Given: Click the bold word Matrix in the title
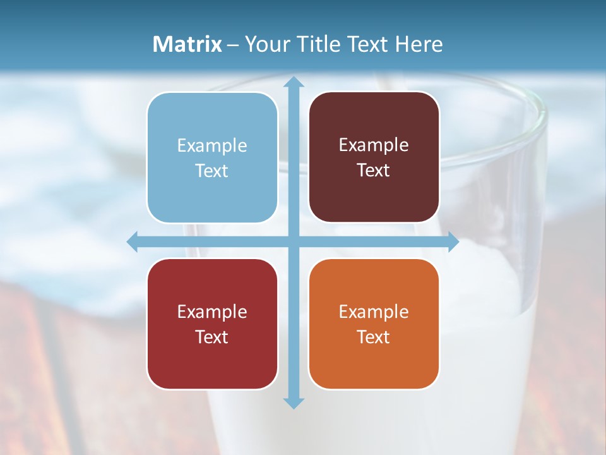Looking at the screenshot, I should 187,44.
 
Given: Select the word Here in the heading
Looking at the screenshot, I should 419,44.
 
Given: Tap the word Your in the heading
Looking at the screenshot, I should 265,44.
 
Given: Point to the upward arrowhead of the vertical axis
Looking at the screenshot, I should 293,82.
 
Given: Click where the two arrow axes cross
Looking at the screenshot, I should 293,242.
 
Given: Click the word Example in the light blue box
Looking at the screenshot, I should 212,146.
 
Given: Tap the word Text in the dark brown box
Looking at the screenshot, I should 374,171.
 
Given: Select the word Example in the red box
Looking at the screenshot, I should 212,312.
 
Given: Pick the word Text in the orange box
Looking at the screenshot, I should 374,337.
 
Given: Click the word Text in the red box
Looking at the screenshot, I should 212,337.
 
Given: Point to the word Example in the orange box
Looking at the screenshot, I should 374,312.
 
